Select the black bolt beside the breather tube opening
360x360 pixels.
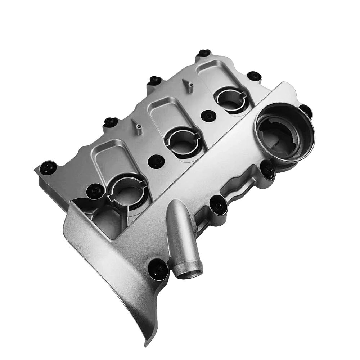(x=158, y=268)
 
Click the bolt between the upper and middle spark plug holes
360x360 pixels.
(x=208, y=116)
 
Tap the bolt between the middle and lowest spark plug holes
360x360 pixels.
(x=156, y=161)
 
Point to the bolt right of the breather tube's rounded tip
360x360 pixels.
(x=218, y=205)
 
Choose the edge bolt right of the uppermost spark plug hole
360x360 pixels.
(x=254, y=76)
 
